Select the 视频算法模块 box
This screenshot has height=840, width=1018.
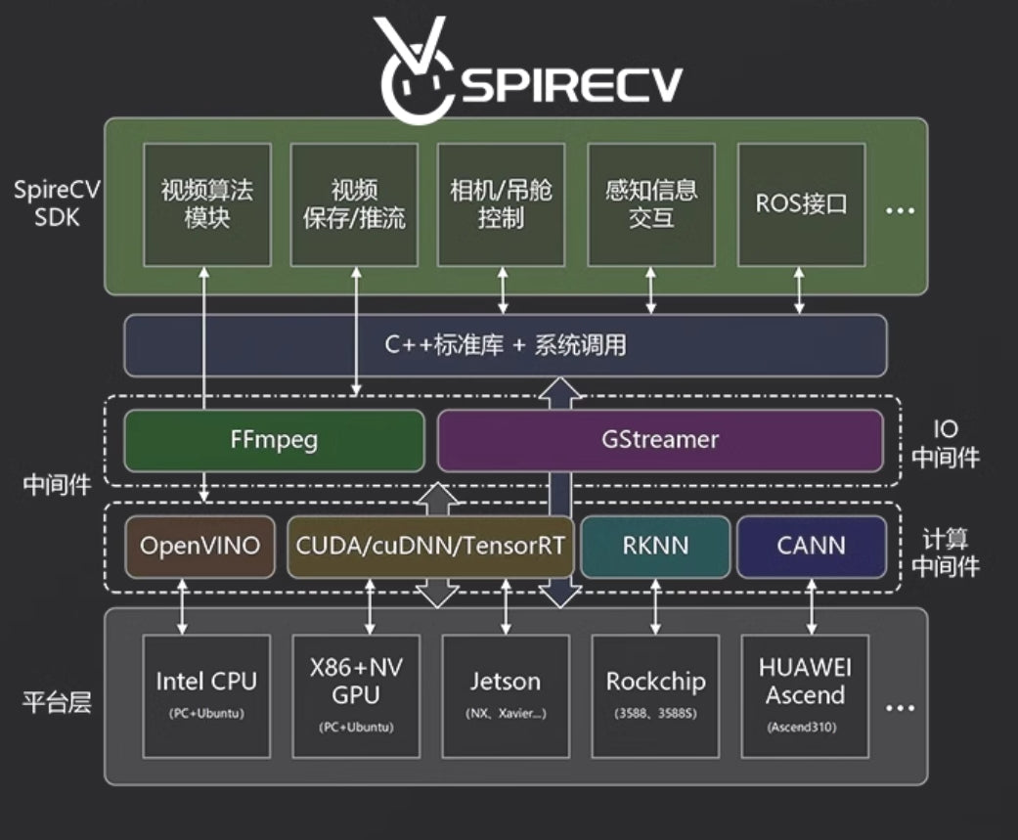click(207, 204)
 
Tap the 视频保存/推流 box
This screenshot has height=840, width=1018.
click(354, 204)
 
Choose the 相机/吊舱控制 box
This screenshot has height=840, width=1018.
click(502, 204)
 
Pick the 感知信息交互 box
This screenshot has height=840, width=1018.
click(651, 204)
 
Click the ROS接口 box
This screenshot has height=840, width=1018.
click(801, 204)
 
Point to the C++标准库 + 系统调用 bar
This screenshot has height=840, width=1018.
click(506, 345)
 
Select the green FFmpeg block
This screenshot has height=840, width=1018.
click(274, 440)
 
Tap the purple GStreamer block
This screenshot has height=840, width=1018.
click(659, 440)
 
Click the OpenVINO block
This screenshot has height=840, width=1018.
click(200, 546)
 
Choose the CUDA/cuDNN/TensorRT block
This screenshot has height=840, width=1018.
click(429, 546)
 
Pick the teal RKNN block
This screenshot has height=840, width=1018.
click(655, 546)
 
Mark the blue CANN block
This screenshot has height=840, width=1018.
click(811, 546)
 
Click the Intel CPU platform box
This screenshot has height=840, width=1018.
click(207, 695)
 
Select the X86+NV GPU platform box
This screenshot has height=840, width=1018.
click(356, 695)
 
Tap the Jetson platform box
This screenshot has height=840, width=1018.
click(506, 695)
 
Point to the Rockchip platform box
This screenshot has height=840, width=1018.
click(655, 695)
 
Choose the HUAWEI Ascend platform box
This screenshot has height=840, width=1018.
click(805, 695)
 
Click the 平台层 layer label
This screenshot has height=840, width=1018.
click(58, 701)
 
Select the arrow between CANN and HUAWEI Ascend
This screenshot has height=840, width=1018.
click(812, 607)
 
